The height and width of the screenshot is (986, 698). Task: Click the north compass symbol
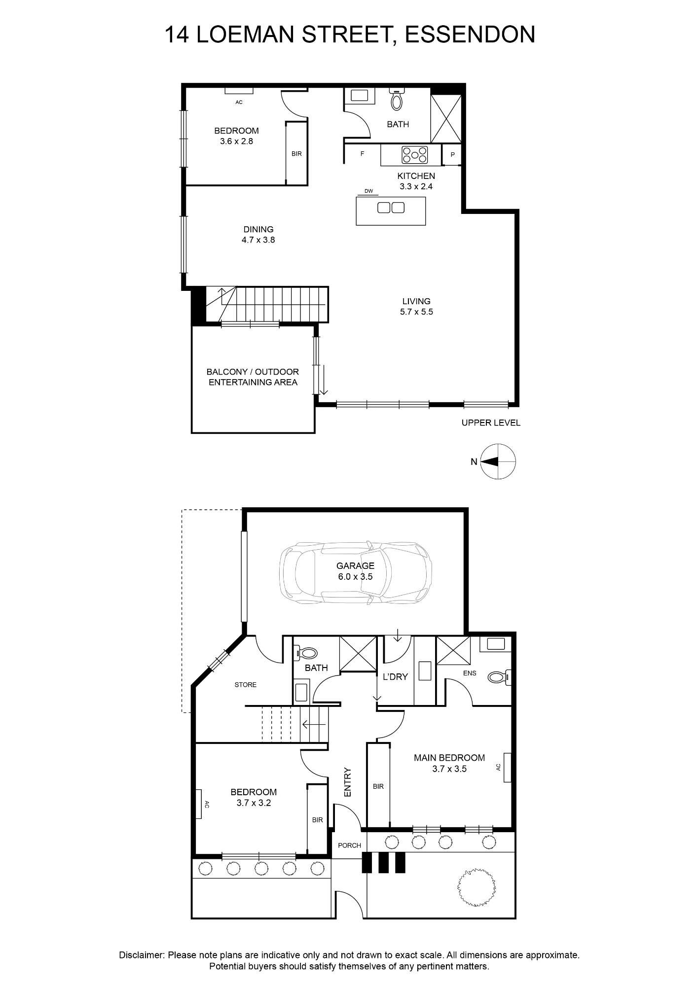[x=498, y=461]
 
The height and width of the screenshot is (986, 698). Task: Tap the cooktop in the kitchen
[x=415, y=154]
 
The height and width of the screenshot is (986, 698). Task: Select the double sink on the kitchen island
[x=391, y=208]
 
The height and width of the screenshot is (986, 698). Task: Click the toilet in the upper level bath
[x=397, y=99]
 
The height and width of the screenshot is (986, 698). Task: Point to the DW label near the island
[x=368, y=191]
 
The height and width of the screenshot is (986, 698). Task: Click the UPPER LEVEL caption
[x=491, y=423]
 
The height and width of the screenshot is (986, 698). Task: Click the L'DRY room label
[x=395, y=677]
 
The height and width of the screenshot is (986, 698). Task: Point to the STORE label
[x=246, y=685]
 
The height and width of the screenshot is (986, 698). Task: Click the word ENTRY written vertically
[x=347, y=782]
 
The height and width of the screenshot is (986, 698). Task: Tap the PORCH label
[x=349, y=845]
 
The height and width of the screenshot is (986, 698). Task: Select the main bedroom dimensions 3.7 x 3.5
[x=449, y=769]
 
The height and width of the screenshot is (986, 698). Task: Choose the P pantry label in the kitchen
[x=452, y=155]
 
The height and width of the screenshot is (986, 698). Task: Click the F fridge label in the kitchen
[x=362, y=154]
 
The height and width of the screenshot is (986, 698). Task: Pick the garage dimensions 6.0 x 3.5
[x=355, y=576]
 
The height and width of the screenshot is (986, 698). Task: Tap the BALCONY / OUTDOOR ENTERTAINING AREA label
[x=253, y=377]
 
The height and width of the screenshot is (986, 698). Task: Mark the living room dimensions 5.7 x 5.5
[x=417, y=312]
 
